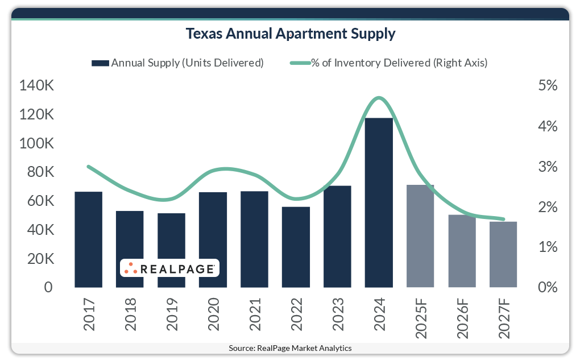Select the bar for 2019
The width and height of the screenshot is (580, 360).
tap(171, 250)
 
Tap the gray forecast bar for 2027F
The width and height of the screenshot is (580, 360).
tap(503, 254)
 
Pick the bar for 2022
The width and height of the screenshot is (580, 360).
tap(296, 247)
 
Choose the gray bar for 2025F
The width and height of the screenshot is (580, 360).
tap(420, 236)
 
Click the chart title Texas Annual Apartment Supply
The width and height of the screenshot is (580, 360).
tap(290, 34)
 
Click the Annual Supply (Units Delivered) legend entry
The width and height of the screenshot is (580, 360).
tap(177, 63)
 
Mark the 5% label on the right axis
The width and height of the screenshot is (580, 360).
tap(546, 86)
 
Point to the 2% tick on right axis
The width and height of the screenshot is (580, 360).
tap(546, 207)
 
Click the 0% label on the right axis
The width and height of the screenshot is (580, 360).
tap(546, 287)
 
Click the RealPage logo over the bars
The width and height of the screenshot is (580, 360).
tap(169, 268)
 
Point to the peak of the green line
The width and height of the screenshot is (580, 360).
tap(379, 98)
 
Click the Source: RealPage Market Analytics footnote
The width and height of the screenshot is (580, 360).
tap(290, 348)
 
